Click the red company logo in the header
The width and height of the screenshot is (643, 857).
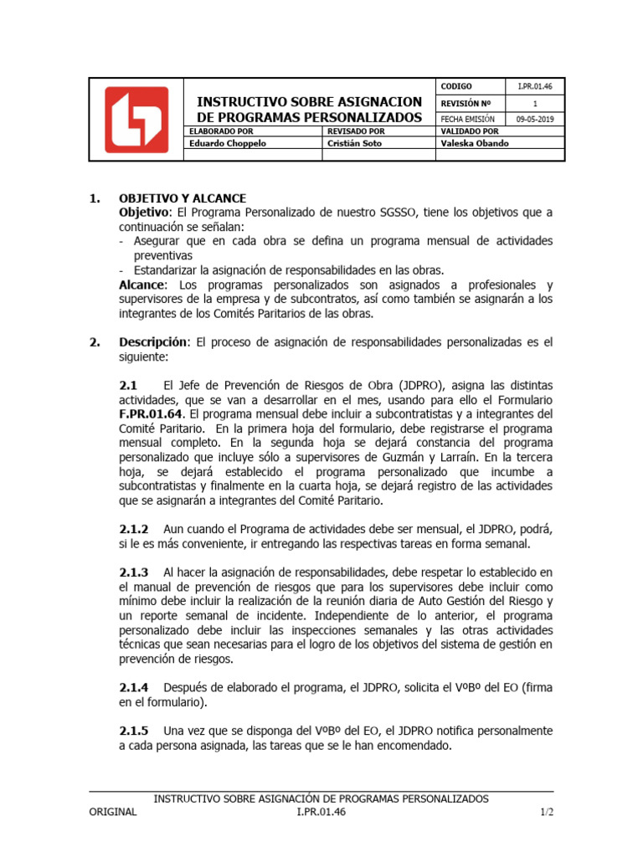tap(136, 120)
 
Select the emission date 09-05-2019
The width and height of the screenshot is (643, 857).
tap(535, 119)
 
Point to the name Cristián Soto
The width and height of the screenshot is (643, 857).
tap(353, 143)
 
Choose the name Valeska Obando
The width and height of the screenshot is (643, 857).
tap(474, 143)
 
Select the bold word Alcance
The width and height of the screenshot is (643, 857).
tap(141, 285)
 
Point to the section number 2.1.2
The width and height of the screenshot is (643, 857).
tap(134, 530)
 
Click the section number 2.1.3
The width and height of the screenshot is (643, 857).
tap(134, 572)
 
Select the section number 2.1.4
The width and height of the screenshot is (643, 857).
tap(134, 687)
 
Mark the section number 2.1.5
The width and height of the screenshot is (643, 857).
tap(134, 731)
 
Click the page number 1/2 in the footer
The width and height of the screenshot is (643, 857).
tap(547, 812)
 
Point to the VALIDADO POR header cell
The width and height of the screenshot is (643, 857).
tap(469, 131)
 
